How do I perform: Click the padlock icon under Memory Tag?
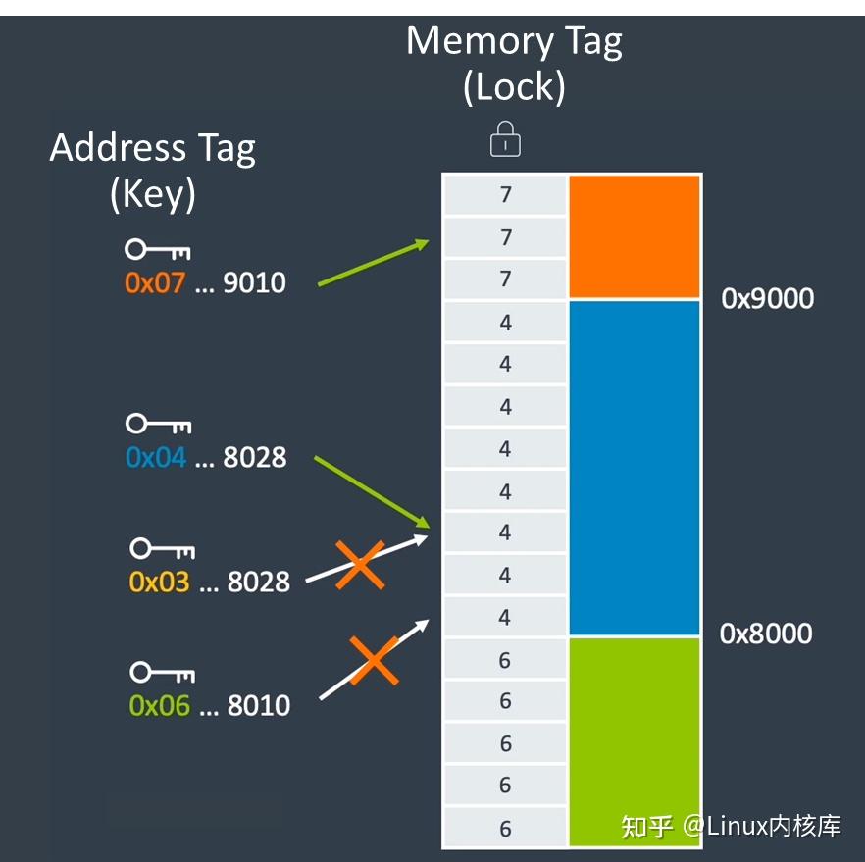click(505, 139)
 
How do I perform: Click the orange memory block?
click(635, 236)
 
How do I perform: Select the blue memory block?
click(635, 468)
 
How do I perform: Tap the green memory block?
click(635, 741)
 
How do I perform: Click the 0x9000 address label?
click(768, 298)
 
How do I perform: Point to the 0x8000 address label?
click(766, 634)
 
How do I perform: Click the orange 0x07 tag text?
click(155, 283)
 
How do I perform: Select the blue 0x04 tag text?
click(156, 457)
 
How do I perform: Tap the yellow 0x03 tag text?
click(159, 582)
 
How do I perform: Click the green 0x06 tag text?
click(159, 705)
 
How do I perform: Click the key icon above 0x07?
click(157, 251)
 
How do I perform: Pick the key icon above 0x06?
click(163, 673)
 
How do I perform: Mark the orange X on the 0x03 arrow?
click(359, 566)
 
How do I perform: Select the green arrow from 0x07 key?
click(373, 264)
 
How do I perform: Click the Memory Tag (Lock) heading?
click(514, 63)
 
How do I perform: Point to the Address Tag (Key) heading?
click(152, 170)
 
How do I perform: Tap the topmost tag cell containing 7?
click(505, 195)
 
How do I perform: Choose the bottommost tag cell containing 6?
click(505, 828)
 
